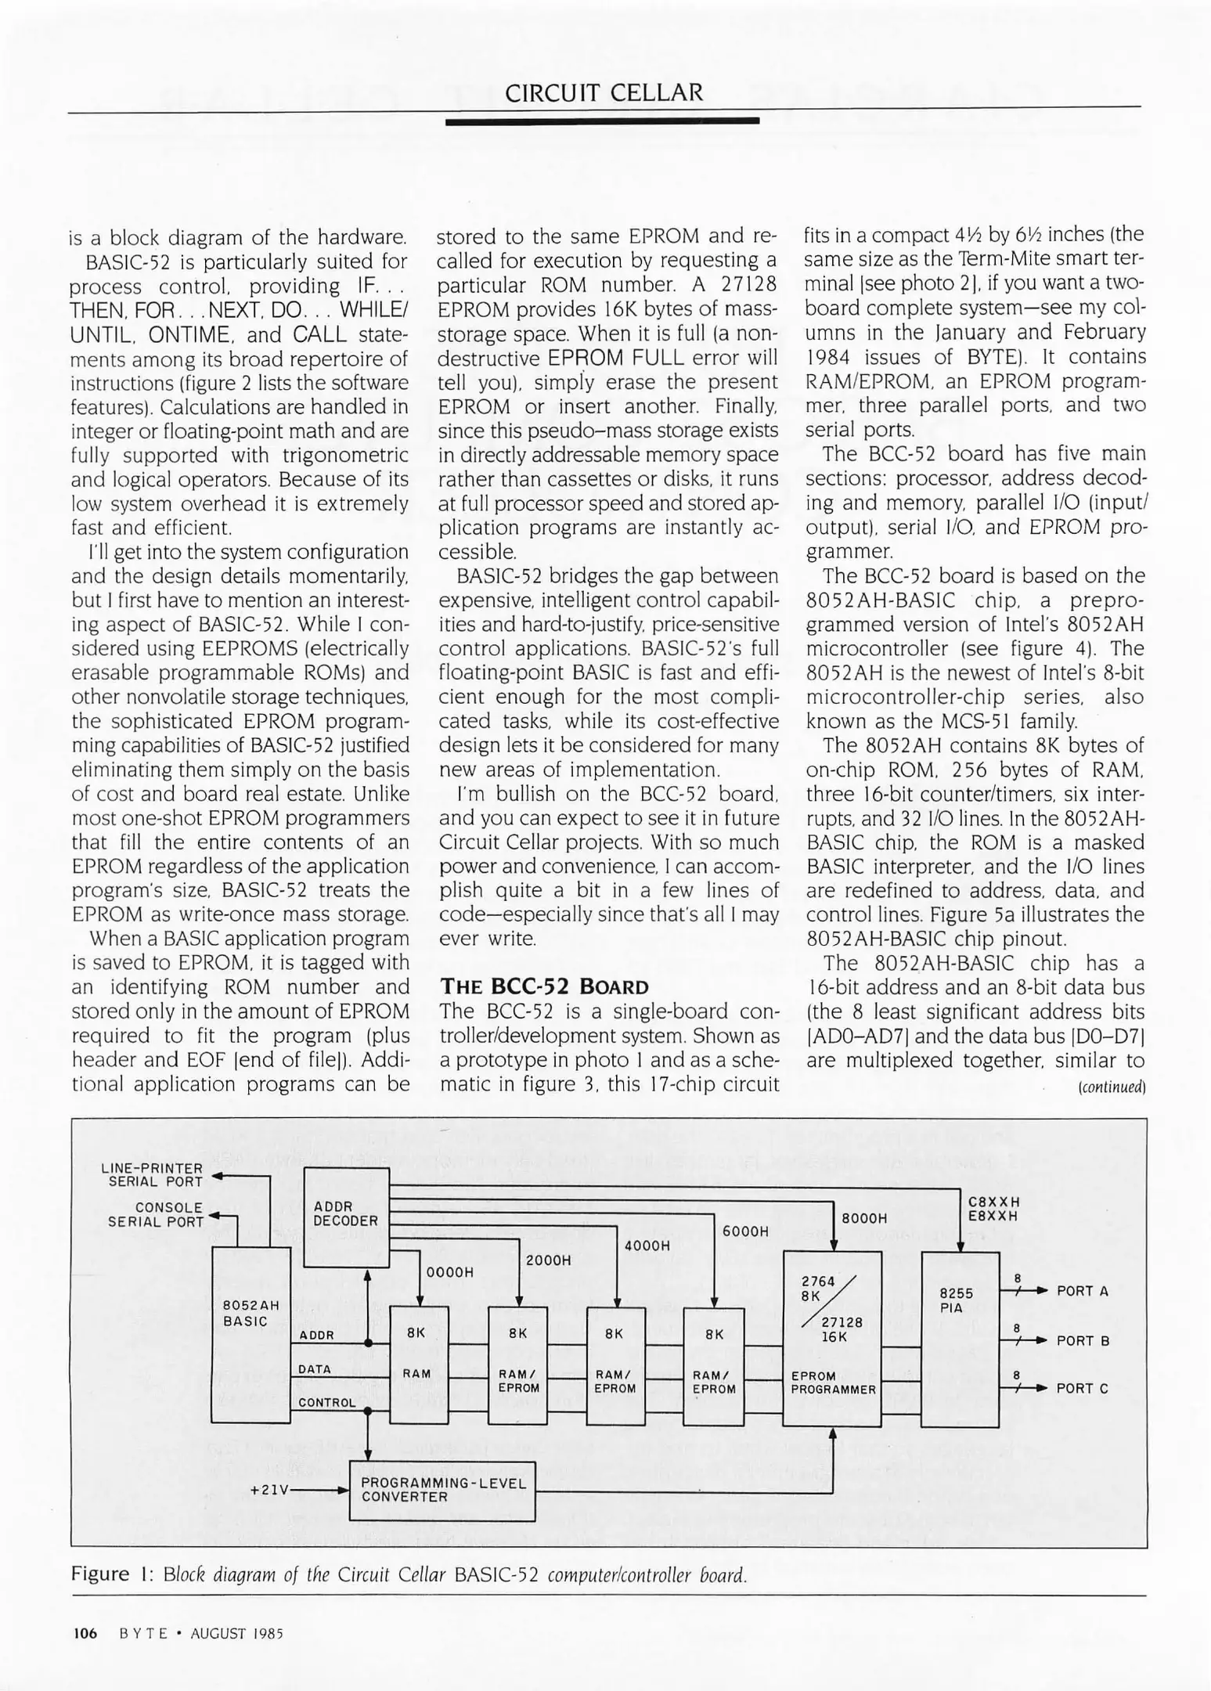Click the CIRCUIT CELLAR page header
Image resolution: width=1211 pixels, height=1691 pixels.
coord(604,93)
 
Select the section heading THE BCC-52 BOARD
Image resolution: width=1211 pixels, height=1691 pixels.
coord(545,986)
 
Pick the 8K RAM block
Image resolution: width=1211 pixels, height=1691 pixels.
coord(419,1364)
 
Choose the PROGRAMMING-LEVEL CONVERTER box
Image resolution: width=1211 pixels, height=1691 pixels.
coord(442,1490)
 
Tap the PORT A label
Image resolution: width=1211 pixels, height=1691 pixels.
coord(1082,1291)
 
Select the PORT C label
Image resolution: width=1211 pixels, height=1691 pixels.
coord(1082,1388)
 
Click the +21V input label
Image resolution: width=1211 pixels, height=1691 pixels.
coord(270,1490)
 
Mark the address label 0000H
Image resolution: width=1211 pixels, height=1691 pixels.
coord(449,1272)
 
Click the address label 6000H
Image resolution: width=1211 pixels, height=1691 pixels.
coord(745,1231)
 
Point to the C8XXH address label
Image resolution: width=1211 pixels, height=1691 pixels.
coord(993,1202)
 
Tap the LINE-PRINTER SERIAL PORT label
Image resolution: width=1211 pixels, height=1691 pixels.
coord(152,1175)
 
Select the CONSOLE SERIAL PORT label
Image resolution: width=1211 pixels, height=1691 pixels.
coord(155,1214)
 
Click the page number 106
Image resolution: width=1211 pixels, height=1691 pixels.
coord(85,1633)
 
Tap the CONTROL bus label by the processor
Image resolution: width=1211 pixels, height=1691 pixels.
coord(326,1402)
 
